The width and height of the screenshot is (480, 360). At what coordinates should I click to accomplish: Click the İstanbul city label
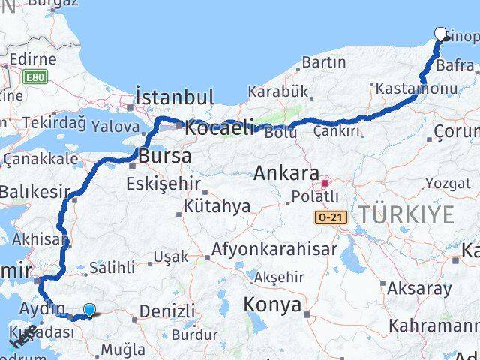(175, 97)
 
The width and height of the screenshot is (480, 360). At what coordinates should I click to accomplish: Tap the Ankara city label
(286, 173)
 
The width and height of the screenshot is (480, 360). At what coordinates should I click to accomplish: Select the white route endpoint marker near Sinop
(441, 34)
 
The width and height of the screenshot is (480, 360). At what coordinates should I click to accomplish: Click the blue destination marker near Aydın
(89, 310)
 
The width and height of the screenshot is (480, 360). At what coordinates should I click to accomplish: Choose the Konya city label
(272, 304)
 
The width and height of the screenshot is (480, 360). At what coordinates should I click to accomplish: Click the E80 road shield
(34, 76)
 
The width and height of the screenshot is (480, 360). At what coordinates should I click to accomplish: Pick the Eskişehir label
(163, 183)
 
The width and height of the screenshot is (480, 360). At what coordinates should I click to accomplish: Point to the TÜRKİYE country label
(406, 215)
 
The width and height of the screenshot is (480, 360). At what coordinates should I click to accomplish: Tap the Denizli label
(167, 310)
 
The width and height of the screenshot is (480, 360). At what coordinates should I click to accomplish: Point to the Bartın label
(322, 61)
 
